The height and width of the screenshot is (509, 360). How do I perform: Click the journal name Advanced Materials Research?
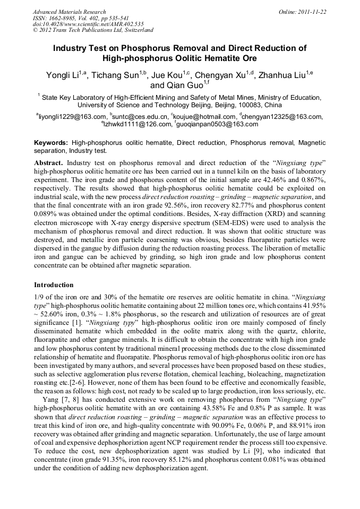[x=70, y=12]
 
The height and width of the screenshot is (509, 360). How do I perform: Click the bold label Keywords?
[x=51, y=143]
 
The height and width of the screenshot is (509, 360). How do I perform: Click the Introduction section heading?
[x=54, y=286]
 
